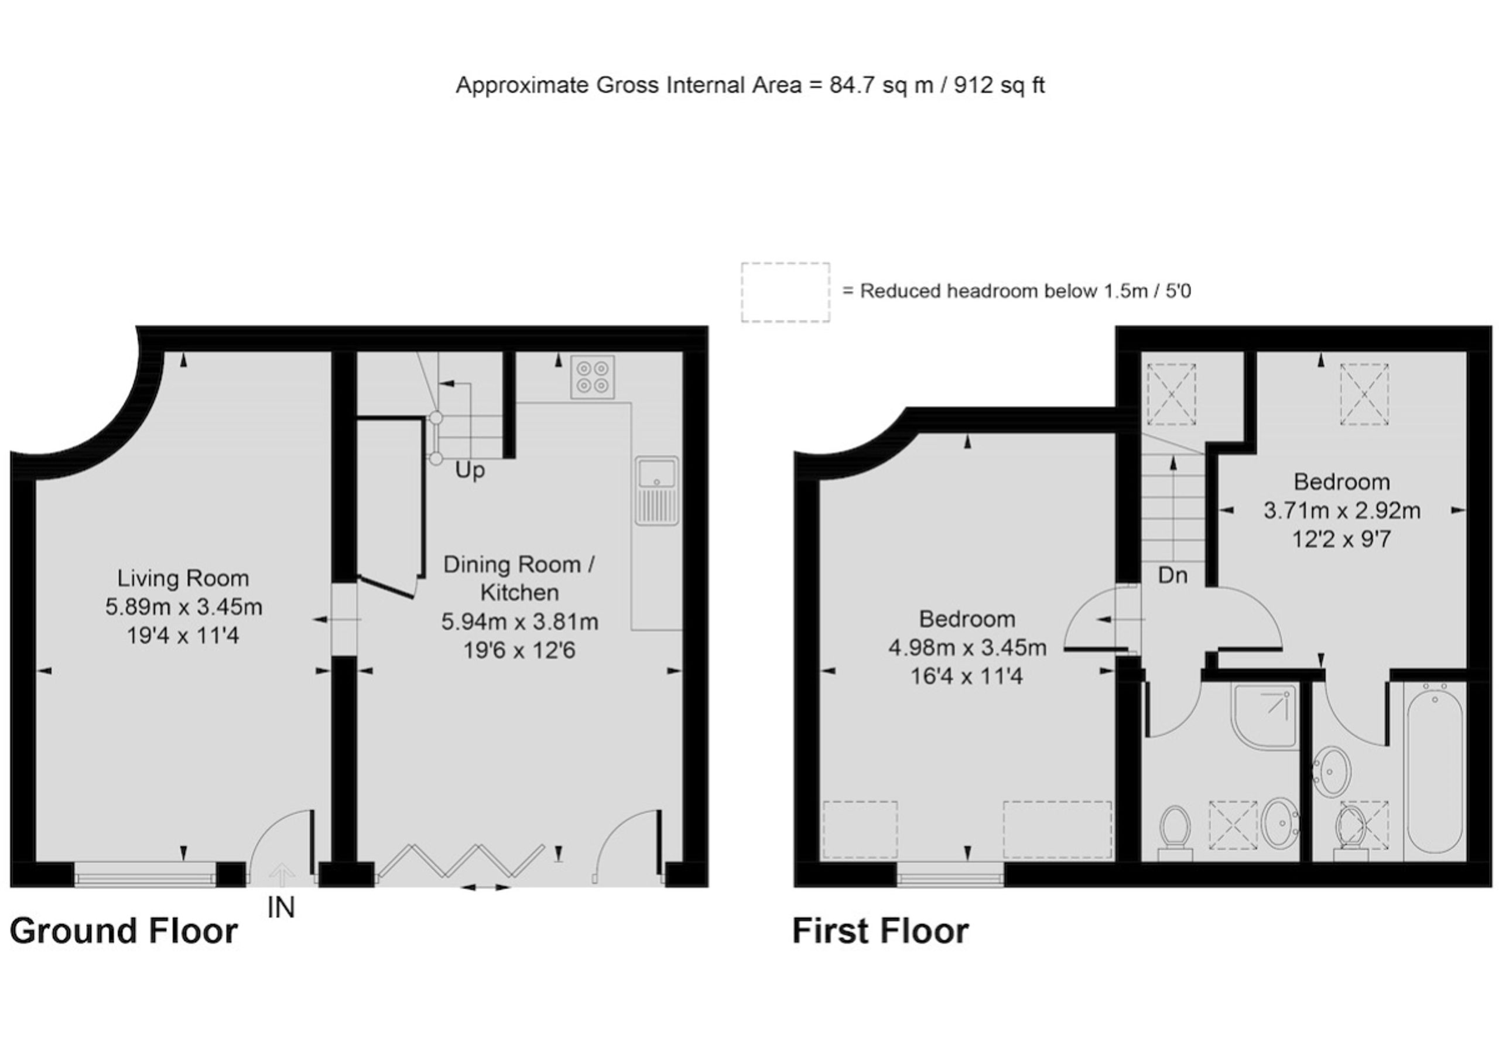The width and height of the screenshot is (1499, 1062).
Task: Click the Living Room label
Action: point(183,578)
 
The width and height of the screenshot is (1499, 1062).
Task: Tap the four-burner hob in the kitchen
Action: point(592,377)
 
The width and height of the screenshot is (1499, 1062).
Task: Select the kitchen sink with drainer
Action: point(656,490)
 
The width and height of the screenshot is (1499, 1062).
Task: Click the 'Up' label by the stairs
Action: point(470,470)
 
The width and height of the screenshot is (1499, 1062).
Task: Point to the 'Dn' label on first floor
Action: point(1172,575)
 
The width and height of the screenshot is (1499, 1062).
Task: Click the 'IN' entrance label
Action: point(281,907)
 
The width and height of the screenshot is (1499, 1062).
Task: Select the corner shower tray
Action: point(1264,715)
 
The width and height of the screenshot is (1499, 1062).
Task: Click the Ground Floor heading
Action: point(124,931)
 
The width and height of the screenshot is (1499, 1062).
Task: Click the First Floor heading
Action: point(880,931)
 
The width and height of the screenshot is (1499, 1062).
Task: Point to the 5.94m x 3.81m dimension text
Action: point(520,622)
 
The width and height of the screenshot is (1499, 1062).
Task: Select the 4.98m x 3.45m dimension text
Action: point(967,647)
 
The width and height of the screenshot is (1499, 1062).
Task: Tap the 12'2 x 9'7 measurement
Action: point(1341,539)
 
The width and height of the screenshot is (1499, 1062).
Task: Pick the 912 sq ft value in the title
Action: point(999,85)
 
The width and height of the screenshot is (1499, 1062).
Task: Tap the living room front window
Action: point(145,875)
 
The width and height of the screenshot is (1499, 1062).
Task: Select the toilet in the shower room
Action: point(1175,833)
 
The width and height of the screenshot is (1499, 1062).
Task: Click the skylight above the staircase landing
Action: point(1171,394)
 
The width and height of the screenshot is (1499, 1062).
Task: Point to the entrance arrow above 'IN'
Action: point(282,875)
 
